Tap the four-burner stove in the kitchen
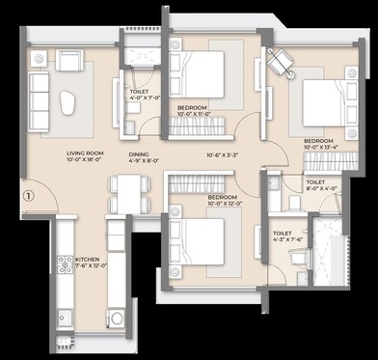67,266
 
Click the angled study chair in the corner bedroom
282,61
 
